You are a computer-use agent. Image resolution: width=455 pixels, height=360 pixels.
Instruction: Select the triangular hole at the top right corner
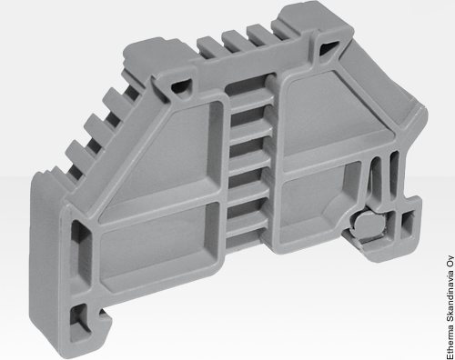[x=328, y=47]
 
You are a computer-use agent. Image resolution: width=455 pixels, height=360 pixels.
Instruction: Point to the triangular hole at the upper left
[x=181, y=85]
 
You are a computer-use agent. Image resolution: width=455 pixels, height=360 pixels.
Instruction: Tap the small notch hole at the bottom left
[x=79, y=319]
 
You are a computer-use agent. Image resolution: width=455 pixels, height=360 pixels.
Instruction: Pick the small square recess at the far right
[x=407, y=225]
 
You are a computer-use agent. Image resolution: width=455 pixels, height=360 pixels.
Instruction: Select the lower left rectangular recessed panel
[x=159, y=245]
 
